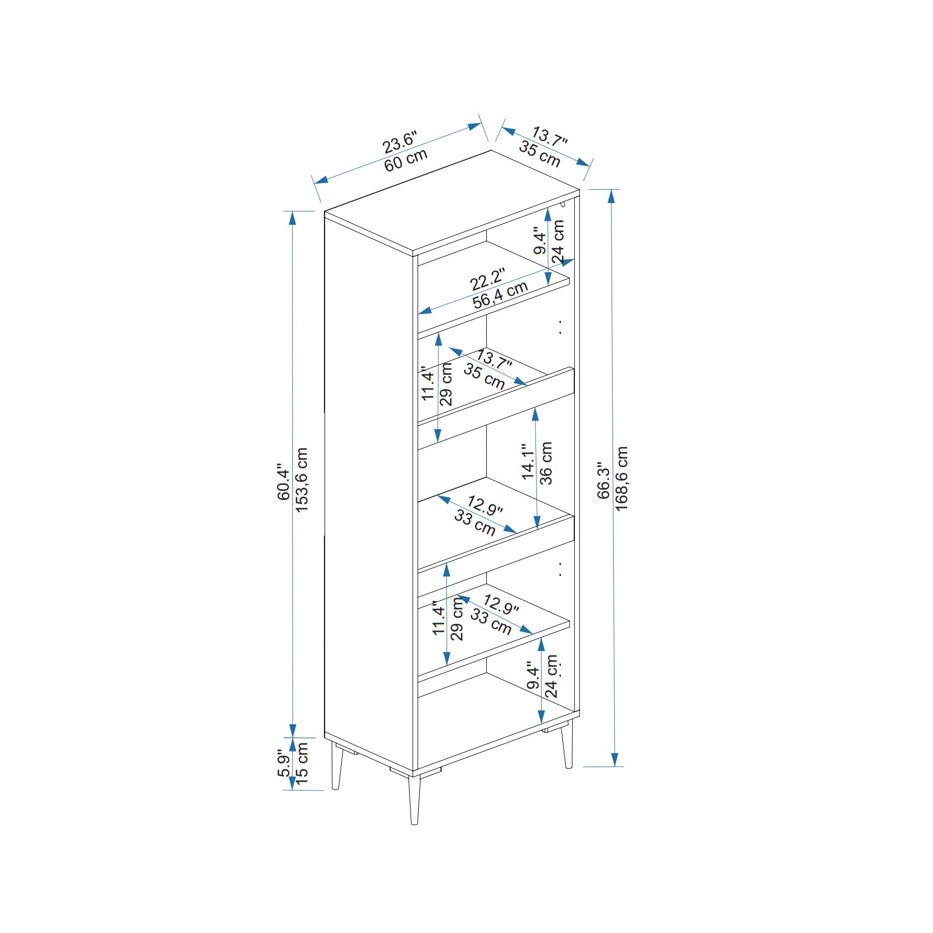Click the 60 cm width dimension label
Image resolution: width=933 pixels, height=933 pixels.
tap(406, 161)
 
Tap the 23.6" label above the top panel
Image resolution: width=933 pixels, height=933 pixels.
tap(399, 142)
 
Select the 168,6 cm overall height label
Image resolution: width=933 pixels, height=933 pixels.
tap(621, 478)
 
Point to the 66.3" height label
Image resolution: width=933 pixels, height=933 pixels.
tap(604, 480)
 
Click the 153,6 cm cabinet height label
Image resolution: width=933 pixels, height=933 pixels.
tap(302, 480)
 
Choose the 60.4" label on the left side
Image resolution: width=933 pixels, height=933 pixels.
tap(284, 482)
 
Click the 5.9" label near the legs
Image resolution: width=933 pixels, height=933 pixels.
tap(284, 763)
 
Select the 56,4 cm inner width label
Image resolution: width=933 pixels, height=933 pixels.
tap(500, 295)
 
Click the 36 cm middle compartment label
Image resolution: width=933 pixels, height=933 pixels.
tap(546, 463)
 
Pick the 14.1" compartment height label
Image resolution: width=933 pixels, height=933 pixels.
tap(528, 461)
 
